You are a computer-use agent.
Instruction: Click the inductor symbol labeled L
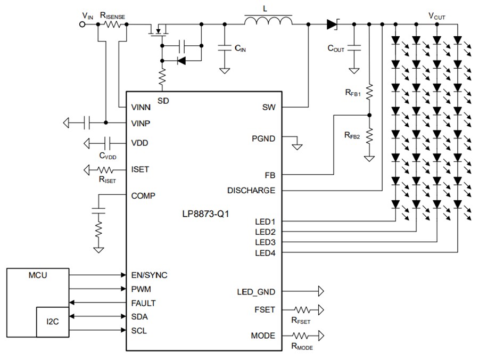(268, 21)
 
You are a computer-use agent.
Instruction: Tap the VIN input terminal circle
(83, 24)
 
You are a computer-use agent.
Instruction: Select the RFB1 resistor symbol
(369, 92)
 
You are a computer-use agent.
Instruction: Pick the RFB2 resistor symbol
(369, 135)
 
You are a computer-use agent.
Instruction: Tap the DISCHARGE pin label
(251, 190)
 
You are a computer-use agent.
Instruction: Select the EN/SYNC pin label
(149, 275)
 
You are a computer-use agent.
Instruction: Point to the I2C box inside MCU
(52, 321)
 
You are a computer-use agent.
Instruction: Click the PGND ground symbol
(298, 145)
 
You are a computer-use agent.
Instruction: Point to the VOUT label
(437, 16)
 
